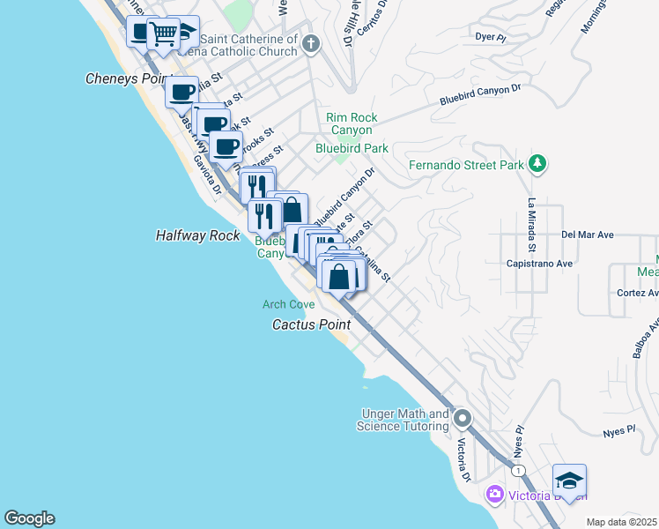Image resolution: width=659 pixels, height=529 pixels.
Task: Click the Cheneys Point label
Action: click(x=126, y=78)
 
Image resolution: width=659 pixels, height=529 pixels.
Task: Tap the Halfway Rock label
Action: click(x=196, y=235)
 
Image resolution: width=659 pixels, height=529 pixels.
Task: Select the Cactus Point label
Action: click(x=311, y=324)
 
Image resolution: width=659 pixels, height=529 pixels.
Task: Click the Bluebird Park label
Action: click(x=352, y=148)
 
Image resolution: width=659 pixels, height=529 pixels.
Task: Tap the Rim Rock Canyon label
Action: click(x=352, y=123)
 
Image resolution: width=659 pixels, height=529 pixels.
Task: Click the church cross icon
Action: click(x=310, y=43)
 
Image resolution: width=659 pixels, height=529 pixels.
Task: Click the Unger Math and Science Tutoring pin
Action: click(x=463, y=419)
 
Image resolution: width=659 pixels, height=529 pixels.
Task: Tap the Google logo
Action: click(x=29, y=518)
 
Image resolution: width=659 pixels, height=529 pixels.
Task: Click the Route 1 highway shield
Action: click(x=520, y=472)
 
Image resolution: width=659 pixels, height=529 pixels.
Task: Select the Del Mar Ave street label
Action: click(x=588, y=235)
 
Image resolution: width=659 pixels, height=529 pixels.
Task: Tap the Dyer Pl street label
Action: click(x=489, y=37)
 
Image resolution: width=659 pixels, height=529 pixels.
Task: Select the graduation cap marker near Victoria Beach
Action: click(x=569, y=481)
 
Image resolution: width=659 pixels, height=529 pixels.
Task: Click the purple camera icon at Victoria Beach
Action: click(x=495, y=494)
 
